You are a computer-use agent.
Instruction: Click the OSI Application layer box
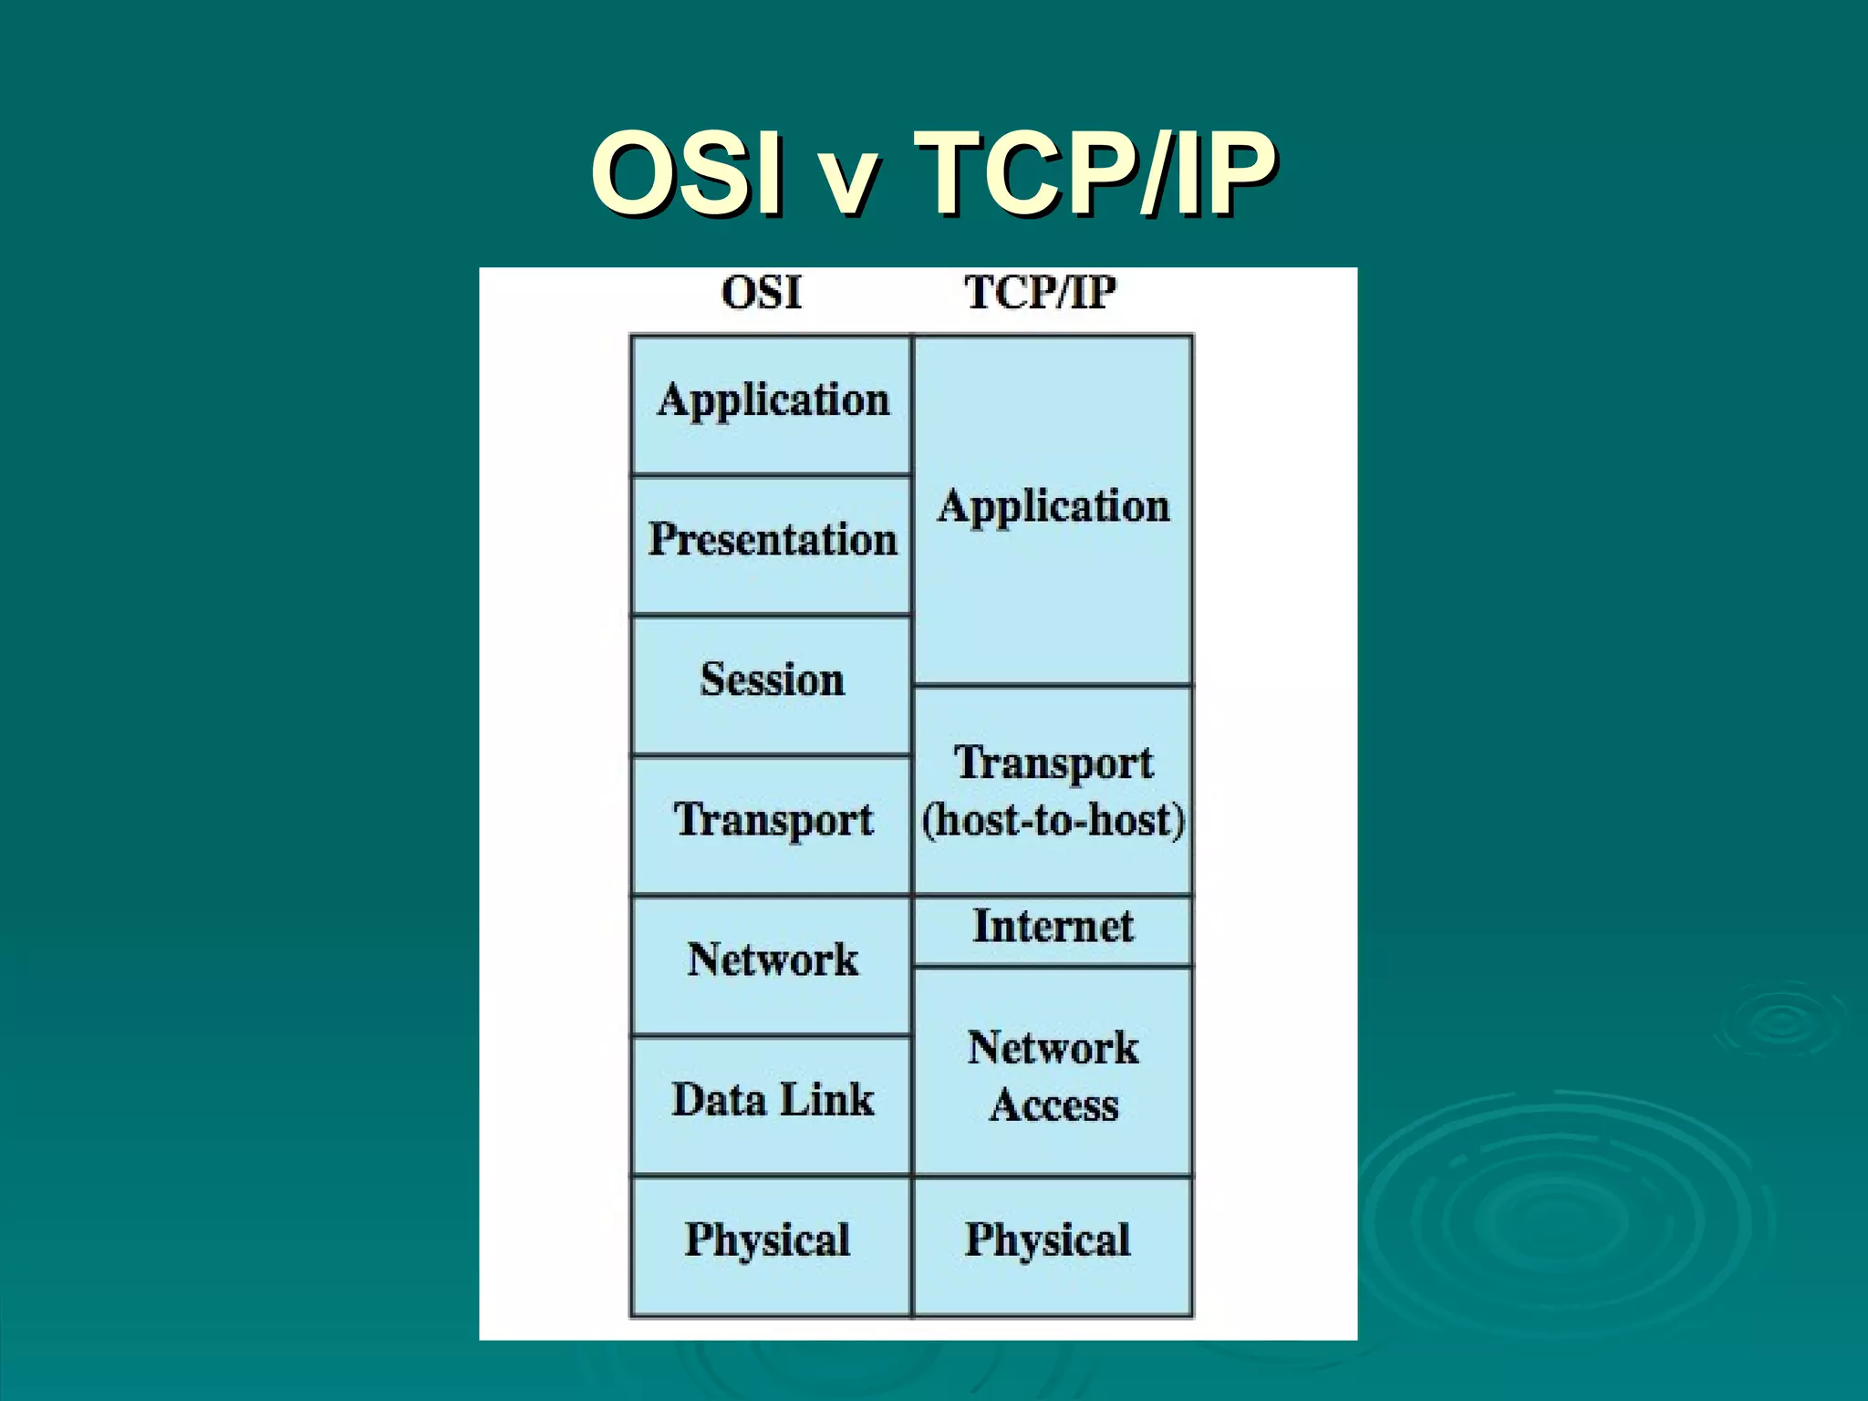[x=772, y=404]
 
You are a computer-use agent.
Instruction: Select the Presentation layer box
[x=772, y=545]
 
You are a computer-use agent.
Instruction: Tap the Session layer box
[x=772, y=684]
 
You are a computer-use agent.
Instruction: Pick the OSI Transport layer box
[x=772, y=824]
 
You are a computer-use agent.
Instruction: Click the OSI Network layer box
[x=772, y=964]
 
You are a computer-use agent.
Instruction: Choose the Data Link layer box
[x=772, y=1104]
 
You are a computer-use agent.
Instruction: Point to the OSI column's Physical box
[x=772, y=1245]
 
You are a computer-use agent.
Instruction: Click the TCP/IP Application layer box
[x=1053, y=509]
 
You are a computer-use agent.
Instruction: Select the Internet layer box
[x=1053, y=929]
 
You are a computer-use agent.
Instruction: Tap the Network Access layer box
[x=1053, y=1072]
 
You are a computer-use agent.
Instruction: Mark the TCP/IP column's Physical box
[x=1053, y=1245]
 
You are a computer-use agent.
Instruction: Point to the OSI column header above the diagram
[x=761, y=294]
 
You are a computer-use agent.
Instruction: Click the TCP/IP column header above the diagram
[x=1041, y=294]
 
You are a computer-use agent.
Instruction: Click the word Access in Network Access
[x=1054, y=1105]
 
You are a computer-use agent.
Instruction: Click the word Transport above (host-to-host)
[x=1053, y=763]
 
